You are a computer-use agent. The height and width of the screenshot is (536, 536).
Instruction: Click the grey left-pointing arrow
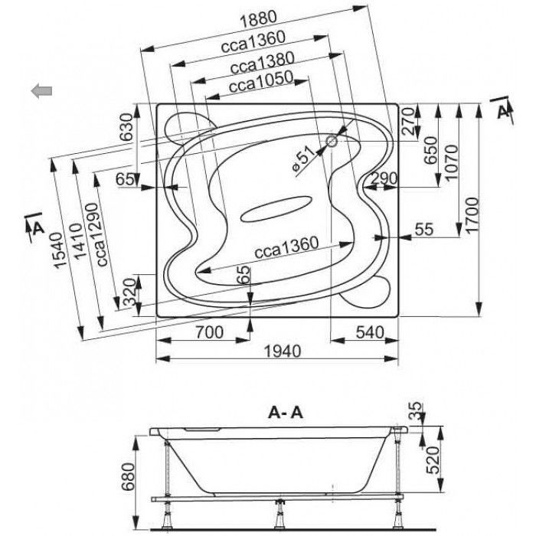[x=41, y=90]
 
